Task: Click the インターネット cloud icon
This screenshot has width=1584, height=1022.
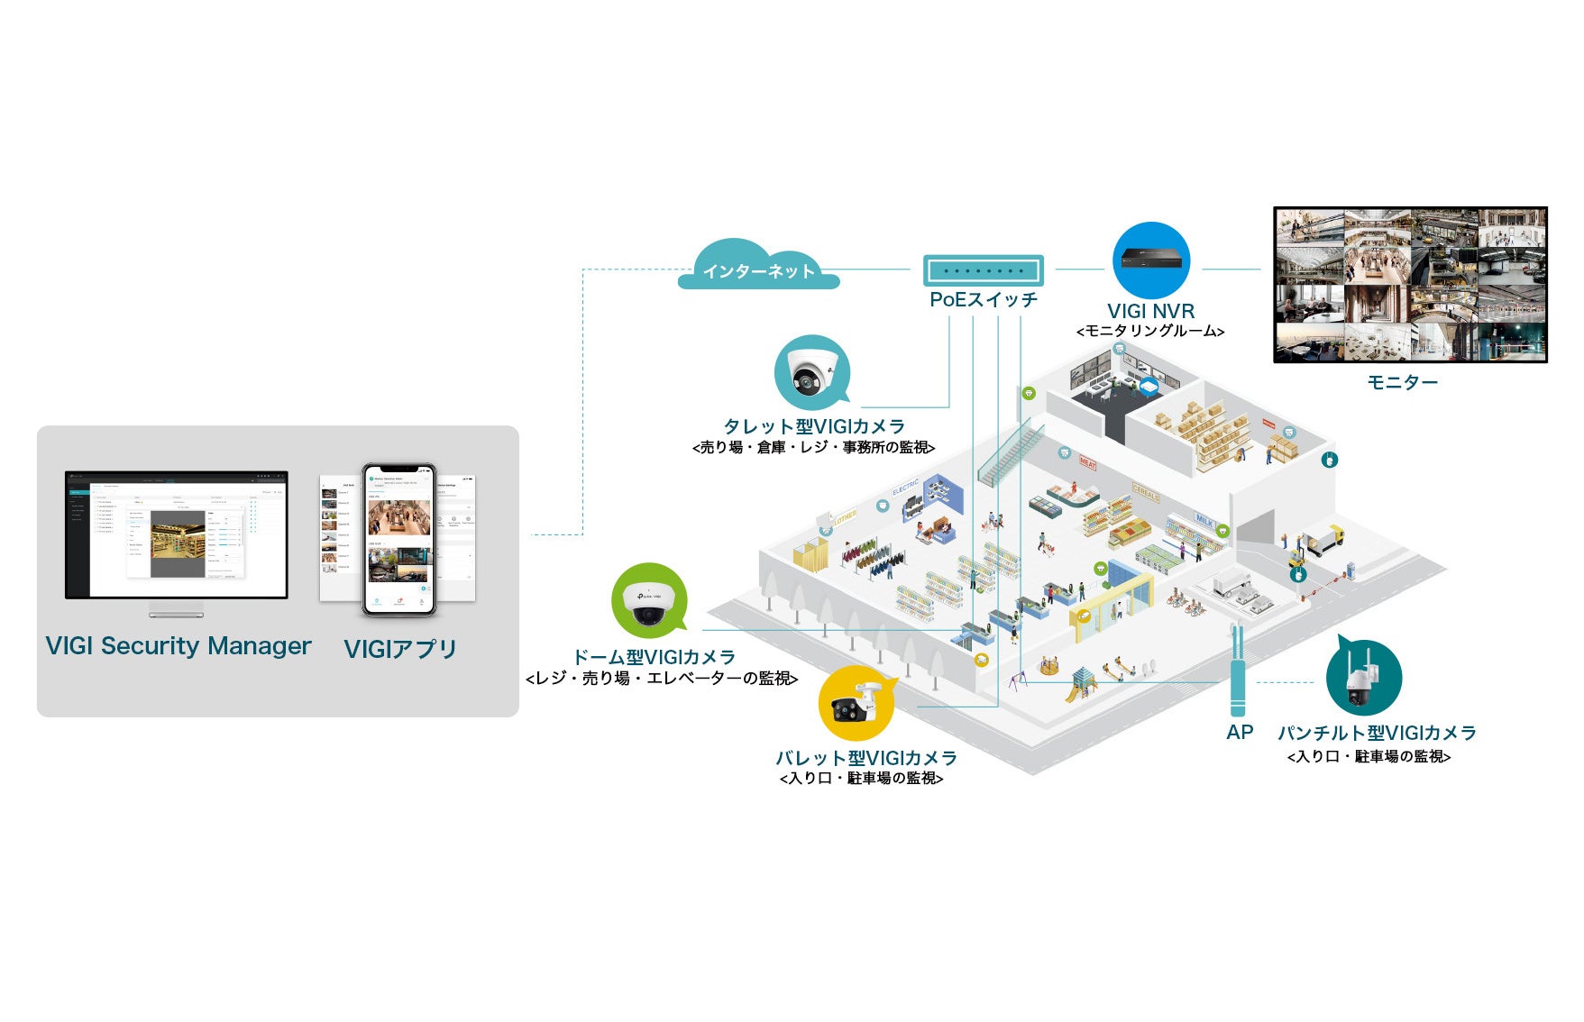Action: [758, 267]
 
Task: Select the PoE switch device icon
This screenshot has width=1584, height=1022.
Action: [983, 270]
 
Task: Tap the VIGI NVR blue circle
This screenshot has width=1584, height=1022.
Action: [1150, 260]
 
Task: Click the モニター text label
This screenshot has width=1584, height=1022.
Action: [1402, 383]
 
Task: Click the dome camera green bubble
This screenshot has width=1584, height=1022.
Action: [648, 601]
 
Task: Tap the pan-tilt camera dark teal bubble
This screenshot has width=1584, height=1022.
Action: [1363, 679]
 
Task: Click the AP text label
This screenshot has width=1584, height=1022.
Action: [1240, 733]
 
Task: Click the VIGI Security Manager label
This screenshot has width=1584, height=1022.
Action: [179, 646]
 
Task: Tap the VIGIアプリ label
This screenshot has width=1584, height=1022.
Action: [400, 649]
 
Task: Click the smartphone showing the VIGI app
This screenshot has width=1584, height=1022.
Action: [398, 539]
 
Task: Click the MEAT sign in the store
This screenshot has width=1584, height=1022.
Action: [1088, 463]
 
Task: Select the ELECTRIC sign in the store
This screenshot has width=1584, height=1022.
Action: [905, 488]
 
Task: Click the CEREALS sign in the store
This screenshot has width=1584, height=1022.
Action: [1145, 493]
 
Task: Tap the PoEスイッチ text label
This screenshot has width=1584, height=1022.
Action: [984, 300]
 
